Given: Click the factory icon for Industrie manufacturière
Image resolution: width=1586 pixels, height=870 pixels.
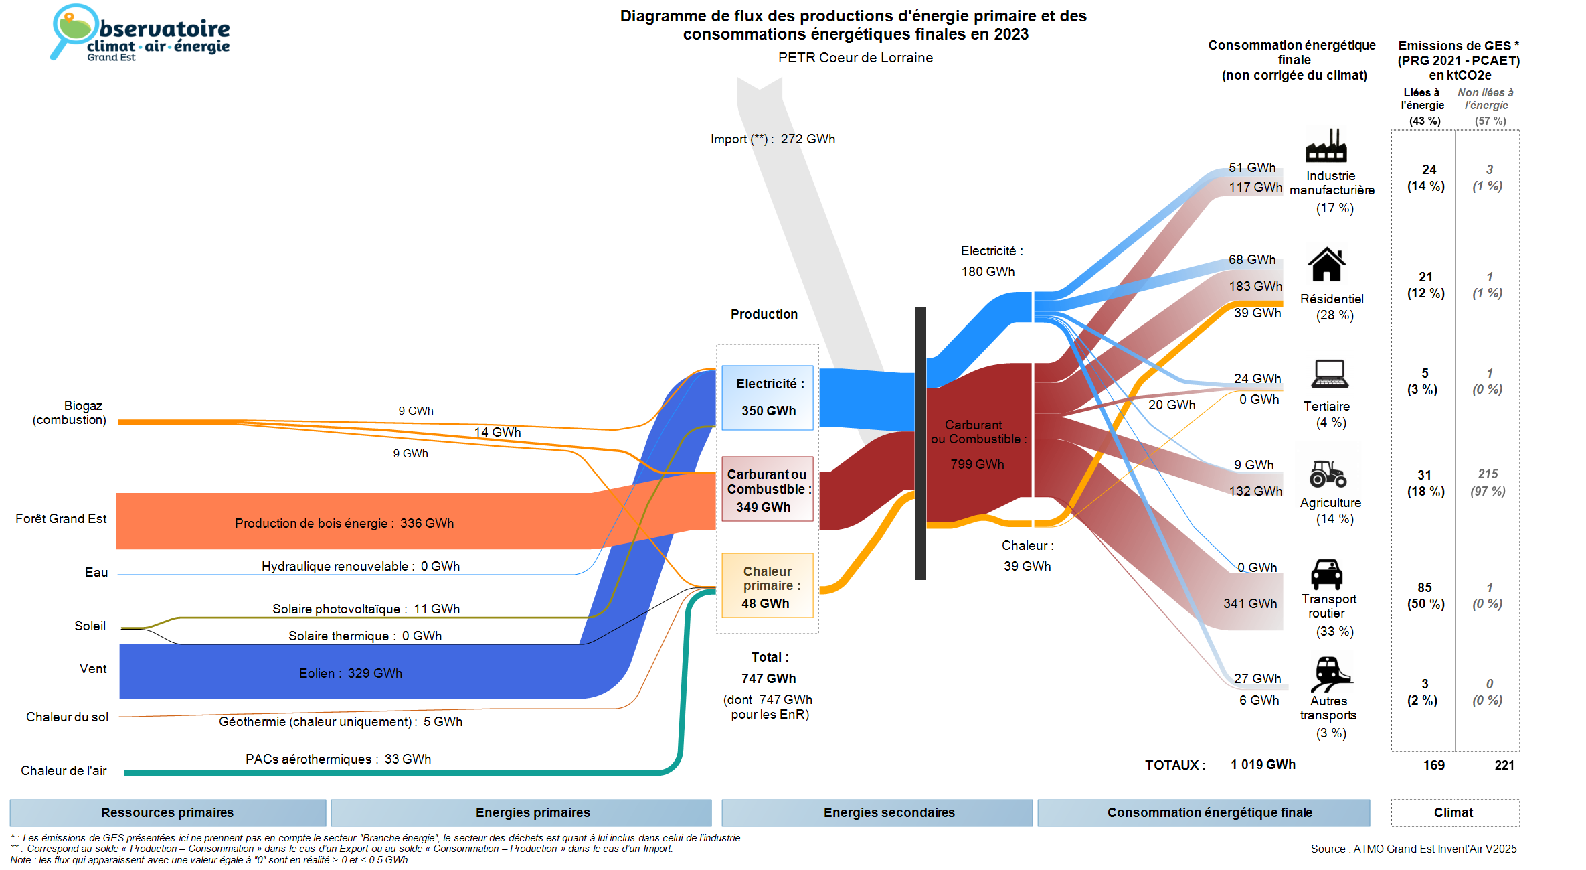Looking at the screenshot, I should [x=1326, y=145].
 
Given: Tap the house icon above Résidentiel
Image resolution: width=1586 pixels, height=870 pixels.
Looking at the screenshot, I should [x=1326, y=265].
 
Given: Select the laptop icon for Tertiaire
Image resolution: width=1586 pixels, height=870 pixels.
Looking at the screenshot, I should [x=1330, y=374].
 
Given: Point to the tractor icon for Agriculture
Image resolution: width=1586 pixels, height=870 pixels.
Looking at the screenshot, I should [x=1328, y=474].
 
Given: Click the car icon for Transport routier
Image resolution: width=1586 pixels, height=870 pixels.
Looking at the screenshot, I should [x=1326, y=574].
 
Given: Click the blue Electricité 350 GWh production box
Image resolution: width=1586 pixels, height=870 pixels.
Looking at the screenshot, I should [x=768, y=397].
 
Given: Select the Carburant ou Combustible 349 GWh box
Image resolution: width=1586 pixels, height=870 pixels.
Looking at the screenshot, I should [x=768, y=490].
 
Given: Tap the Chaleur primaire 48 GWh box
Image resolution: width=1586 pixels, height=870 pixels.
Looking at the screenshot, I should [x=768, y=586].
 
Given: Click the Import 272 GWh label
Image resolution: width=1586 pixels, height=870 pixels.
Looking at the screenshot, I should [x=773, y=139].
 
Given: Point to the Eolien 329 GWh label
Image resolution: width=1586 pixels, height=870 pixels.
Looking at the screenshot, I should [x=351, y=673].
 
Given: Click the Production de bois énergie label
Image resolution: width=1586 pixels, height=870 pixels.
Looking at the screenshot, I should [x=344, y=523].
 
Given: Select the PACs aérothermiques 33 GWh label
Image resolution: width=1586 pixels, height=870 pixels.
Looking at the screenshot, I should [x=338, y=759].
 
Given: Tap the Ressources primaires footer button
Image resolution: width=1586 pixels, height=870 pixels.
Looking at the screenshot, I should [x=167, y=812].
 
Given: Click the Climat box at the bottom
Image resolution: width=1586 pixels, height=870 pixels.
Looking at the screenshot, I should [x=1453, y=812].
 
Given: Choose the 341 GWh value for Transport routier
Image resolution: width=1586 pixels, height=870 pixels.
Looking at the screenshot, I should [x=1250, y=603].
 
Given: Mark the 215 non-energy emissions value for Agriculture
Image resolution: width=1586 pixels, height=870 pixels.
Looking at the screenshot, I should [x=1488, y=474].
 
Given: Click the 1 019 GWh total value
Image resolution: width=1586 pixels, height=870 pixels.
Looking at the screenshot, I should [x=1263, y=764].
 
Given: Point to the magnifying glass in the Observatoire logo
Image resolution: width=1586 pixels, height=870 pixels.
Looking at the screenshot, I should [x=70, y=30].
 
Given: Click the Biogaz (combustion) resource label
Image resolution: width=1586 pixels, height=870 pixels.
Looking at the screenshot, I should [x=70, y=413].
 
